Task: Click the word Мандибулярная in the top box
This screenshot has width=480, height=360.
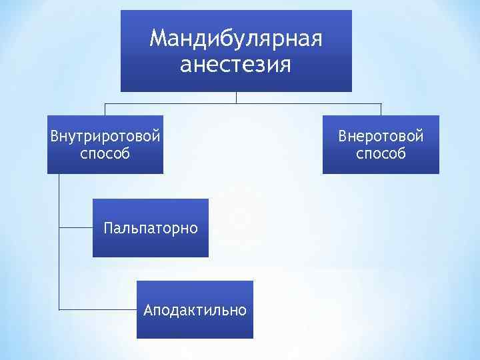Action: tap(236, 39)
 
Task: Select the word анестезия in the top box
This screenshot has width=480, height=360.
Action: tap(236, 65)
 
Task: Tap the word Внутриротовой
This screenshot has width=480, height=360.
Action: tap(105, 136)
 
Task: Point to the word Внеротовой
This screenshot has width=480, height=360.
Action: tap(381, 136)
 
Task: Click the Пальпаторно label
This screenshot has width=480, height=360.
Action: tap(151, 228)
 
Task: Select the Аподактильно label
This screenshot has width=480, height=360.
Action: tap(195, 310)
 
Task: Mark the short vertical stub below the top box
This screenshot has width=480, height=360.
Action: tap(236, 97)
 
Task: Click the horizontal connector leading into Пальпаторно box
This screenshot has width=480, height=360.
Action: tap(75, 227)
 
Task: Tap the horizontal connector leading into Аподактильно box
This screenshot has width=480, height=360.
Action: tap(97, 309)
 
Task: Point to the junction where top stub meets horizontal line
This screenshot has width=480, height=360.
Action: tap(236, 103)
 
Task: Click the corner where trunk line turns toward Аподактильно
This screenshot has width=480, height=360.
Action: tap(59, 309)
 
